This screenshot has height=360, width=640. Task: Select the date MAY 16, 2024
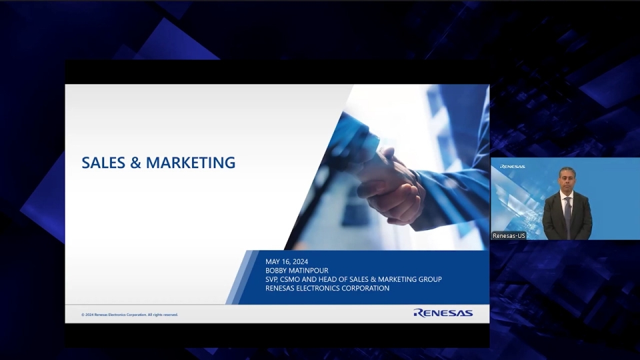287,261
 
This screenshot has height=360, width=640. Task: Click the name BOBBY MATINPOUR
297,271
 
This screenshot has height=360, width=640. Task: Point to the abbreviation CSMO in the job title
292,279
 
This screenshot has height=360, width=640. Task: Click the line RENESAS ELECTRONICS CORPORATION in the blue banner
327,288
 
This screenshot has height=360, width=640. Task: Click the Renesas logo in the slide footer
443,313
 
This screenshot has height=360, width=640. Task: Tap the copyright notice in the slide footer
130,315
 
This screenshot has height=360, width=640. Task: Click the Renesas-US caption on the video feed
509,235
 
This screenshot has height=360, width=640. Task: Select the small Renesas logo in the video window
512,167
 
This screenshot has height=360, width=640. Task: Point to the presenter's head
567,178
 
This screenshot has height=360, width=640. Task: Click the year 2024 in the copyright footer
89,315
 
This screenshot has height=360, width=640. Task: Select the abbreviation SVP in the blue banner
272,279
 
